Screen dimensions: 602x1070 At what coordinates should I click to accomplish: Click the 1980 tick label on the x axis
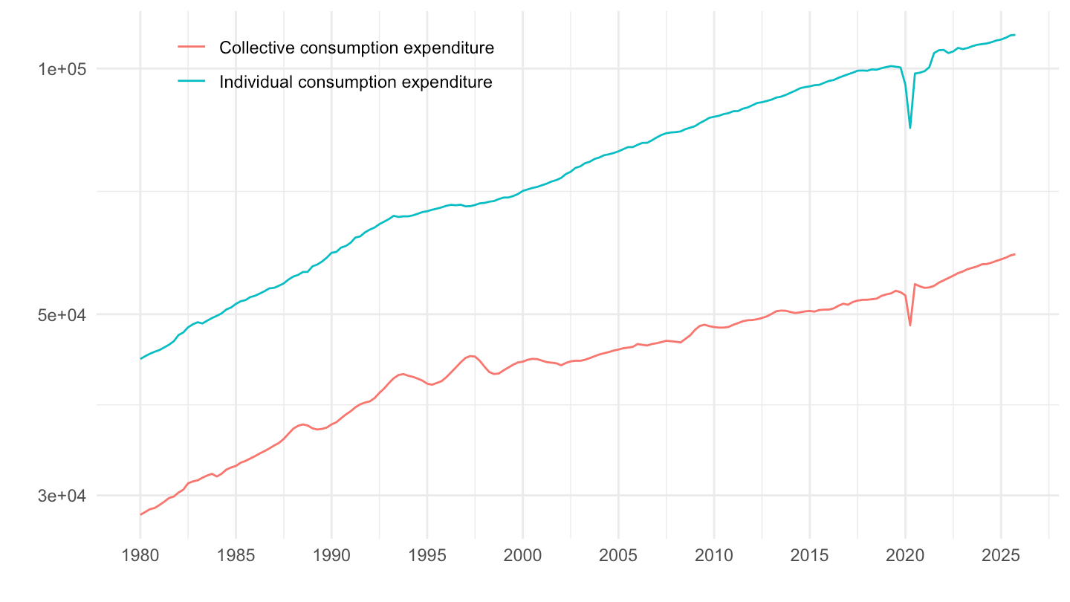coord(140,556)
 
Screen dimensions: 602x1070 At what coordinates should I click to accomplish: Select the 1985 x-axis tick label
coord(236,556)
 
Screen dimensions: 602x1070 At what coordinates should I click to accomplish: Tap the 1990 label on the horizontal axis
coord(331,556)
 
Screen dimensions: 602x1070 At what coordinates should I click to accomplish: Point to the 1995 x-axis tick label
coord(427,556)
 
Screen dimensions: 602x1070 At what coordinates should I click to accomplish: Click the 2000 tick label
coord(522,556)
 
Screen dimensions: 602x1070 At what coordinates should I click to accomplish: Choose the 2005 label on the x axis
coord(618,556)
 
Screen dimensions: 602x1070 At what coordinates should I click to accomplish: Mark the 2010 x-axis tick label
coord(714,556)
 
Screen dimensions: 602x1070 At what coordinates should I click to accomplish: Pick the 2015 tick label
coord(809,556)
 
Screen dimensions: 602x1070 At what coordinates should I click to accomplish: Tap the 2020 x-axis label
coord(905,556)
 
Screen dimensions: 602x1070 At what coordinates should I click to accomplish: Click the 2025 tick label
coord(1001,556)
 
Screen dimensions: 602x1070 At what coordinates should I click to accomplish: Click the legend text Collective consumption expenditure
coord(357,48)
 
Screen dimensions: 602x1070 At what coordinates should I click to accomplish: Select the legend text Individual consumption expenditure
coord(355,82)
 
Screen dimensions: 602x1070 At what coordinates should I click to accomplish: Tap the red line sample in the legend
coord(192,48)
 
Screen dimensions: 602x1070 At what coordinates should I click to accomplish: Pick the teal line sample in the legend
coord(192,82)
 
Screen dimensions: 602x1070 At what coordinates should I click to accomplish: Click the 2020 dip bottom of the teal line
coord(910,128)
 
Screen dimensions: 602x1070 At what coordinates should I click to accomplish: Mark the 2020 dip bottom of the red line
coord(910,326)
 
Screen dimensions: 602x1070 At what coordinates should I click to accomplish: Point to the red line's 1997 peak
coord(472,356)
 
